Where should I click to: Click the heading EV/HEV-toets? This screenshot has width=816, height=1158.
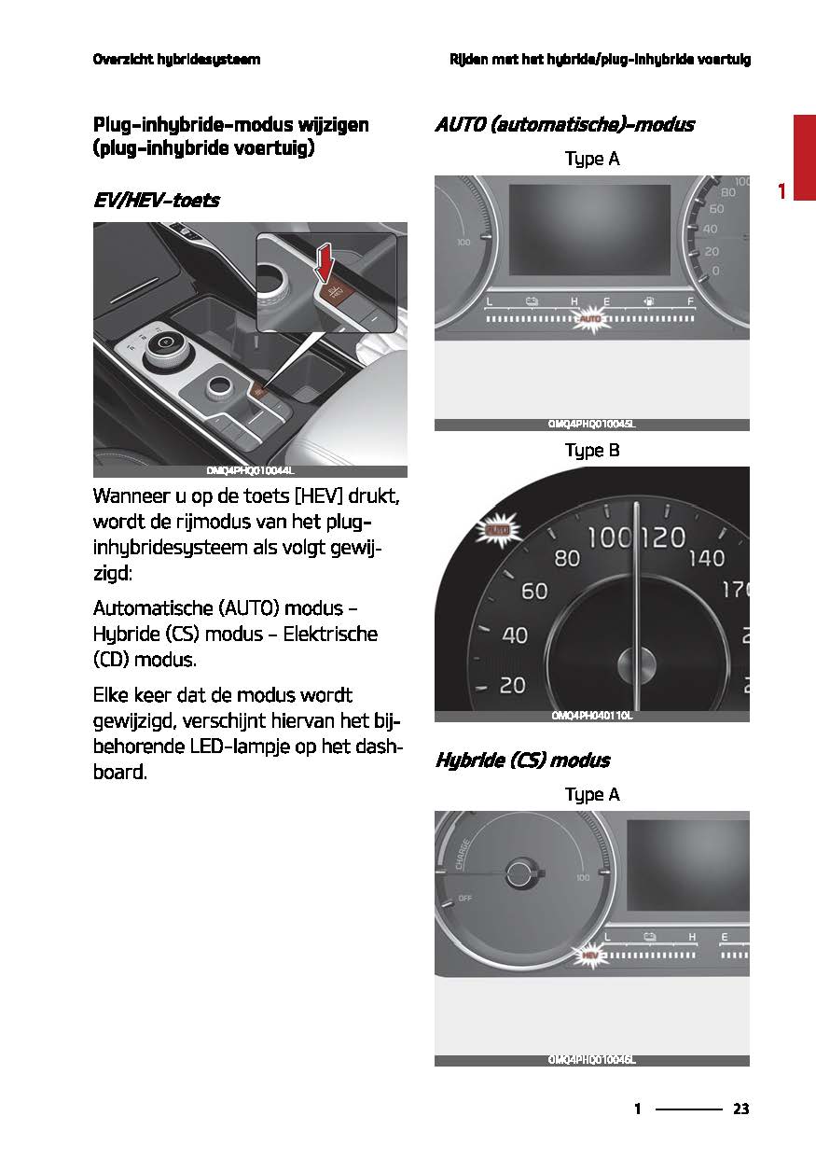coord(157,200)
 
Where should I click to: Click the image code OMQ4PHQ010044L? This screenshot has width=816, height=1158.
coord(250,471)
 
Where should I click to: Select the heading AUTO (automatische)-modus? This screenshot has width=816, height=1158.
coord(564,125)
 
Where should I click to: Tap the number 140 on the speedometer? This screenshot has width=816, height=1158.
coord(705,558)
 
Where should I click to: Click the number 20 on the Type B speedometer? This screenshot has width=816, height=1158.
coord(512,685)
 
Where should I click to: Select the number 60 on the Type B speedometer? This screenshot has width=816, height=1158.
coord(533,591)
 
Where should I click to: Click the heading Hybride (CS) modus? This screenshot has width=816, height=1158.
coord(522,760)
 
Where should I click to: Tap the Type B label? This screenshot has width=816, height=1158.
coord(591,451)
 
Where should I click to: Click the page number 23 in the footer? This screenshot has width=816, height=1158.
coord(740,1109)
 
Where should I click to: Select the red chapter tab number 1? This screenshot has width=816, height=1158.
coord(782,191)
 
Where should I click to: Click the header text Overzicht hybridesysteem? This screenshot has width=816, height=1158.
coord(176,60)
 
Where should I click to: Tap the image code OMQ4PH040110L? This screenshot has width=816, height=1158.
coord(591,716)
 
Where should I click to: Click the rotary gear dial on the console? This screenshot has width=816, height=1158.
coord(165,342)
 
